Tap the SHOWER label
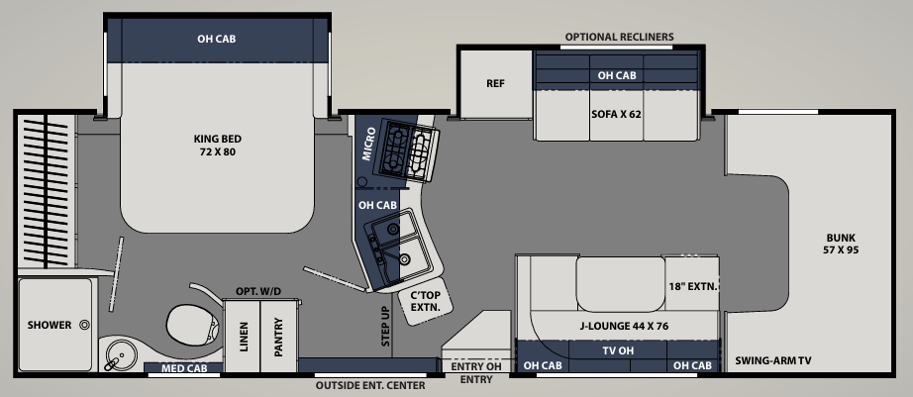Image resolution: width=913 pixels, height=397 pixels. tap(50, 325)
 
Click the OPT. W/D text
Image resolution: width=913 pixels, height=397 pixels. tap(258, 292)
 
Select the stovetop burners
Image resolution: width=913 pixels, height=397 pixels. tap(407, 149)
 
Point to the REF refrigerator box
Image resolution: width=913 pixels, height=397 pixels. tap(495, 83)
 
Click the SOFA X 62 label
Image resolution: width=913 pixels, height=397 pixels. tap(617, 114)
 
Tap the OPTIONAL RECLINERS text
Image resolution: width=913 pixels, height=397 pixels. tap(619, 37)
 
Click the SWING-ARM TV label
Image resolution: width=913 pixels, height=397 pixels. tap(775, 361)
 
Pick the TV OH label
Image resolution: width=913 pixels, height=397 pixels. tap(618, 351)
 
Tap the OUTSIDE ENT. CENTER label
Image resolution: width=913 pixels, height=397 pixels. tap(369, 385)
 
